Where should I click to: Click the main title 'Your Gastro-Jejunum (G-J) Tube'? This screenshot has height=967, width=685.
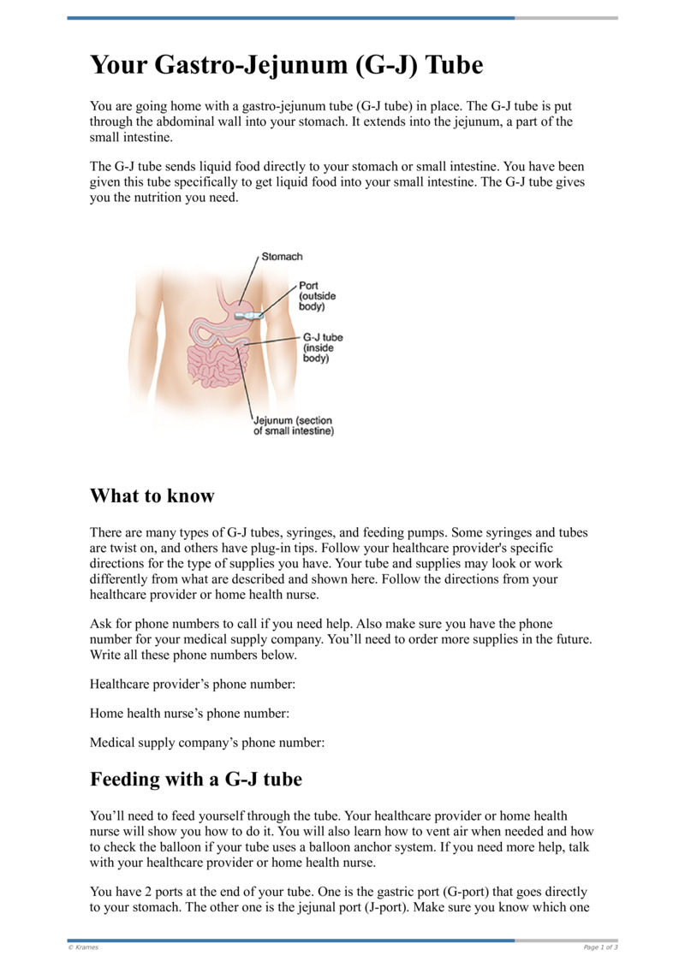pyautogui.click(x=287, y=66)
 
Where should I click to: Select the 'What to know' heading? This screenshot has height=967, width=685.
pyautogui.click(x=152, y=495)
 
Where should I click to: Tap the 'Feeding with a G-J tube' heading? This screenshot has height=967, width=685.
pyautogui.click(x=196, y=780)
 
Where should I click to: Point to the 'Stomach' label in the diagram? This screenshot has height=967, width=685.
pyautogui.click(x=282, y=257)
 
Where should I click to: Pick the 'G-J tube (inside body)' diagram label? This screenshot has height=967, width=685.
pyautogui.click(x=323, y=348)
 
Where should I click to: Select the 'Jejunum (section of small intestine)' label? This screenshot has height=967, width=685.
pyautogui.click(x=293, y=425)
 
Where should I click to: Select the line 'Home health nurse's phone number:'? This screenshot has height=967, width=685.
pyautogui.click(x=189, y=714)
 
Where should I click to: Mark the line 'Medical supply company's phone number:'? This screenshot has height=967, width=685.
pyautogui.click(x=207, y=744)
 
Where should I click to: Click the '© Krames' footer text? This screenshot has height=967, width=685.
pyautogui.click(x=83, y=947)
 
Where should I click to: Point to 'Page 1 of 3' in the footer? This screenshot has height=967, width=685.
pyautogui.click(x=600, y=947)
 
